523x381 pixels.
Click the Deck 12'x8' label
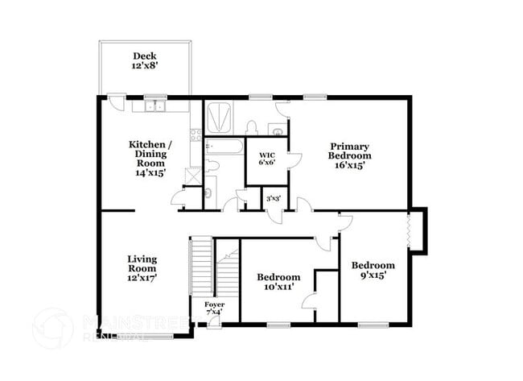click(x=145, y=61)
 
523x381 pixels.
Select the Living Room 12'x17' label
click(x=142, y=268)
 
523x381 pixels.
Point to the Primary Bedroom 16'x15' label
click(x=350, y=155)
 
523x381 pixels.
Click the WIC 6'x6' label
click(x=266, y=159)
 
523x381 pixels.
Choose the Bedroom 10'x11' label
click(x=279, y=281)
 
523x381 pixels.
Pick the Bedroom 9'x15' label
click(x=373, y=270)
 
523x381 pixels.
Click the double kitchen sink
click(x=154, y=106)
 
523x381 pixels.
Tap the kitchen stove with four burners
click(x=196, y=134)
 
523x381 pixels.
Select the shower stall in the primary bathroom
click(x=218, y=118)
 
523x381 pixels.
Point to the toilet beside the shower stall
click(x=251, y=127)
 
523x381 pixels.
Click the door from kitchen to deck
click(x=116, y=104)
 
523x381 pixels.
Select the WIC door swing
click(x=294, y=159)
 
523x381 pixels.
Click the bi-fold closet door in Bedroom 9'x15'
click(x=411, y=230)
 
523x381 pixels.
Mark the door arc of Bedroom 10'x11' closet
click(x=308, y=301)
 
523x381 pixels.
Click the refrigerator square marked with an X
click(x=193, y=175)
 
